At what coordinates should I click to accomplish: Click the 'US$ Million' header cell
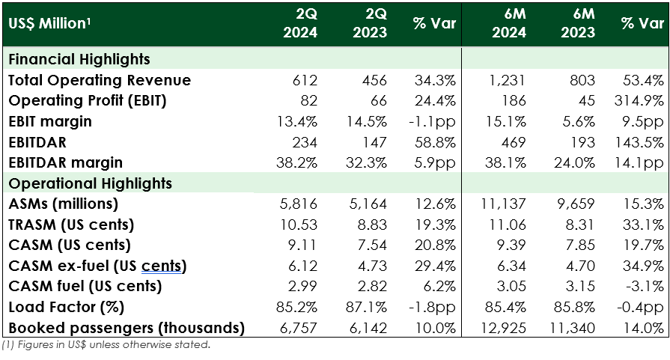tap(47, 23)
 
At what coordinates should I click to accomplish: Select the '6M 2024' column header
tap(508, 23)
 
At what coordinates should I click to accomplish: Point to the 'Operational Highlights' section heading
tap(89, 183)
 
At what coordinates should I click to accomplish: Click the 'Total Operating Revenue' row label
tap(100, 80)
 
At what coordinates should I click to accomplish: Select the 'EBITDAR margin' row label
tap(65, 162)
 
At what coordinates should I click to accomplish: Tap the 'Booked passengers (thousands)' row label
tap(127, 328)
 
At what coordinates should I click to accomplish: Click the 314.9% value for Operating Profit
tap(643, 101)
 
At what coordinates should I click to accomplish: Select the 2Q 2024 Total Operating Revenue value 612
tap(306, 80)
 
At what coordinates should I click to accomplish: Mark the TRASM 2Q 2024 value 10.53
tap(302, 225)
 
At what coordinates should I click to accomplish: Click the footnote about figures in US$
tap(106, 345)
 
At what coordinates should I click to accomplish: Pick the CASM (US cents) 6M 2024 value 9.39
tap(512, 245)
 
